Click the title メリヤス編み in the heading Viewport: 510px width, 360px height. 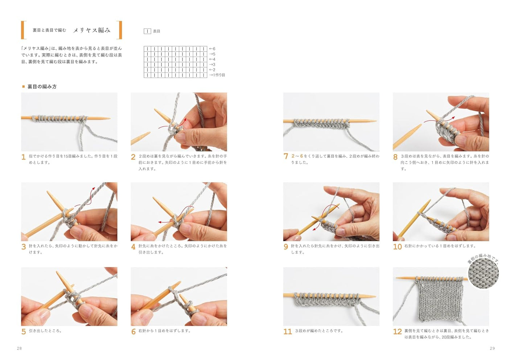click(x=92, y=30)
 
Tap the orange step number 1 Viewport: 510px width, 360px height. click(x=24, y=157)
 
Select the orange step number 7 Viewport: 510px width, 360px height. click(x=286, y=156)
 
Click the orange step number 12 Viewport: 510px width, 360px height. click(x=397, y=331)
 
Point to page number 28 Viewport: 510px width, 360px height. click(x=19, y=348)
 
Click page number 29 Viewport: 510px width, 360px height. click(x=492, y=348)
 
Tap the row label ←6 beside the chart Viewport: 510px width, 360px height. click(x=212, y=49)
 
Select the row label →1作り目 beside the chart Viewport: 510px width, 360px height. click(x=217, y=75)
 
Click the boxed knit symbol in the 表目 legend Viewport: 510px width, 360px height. click(x=147, y=31)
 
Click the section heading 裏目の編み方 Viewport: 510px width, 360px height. click(x=42, y=87)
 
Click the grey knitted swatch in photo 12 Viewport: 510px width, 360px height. click(x=441, y=299)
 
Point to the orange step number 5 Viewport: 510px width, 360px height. click(x=24, y=331)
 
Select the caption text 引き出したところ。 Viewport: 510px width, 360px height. click(x=45, y=331)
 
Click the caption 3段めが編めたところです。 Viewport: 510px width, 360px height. click(x=319, y=331)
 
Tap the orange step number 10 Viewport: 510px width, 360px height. click(x=397, y=246)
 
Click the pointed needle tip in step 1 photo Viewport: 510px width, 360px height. click(x=107, y=118)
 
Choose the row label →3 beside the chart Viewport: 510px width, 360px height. click(x=212, y=65)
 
